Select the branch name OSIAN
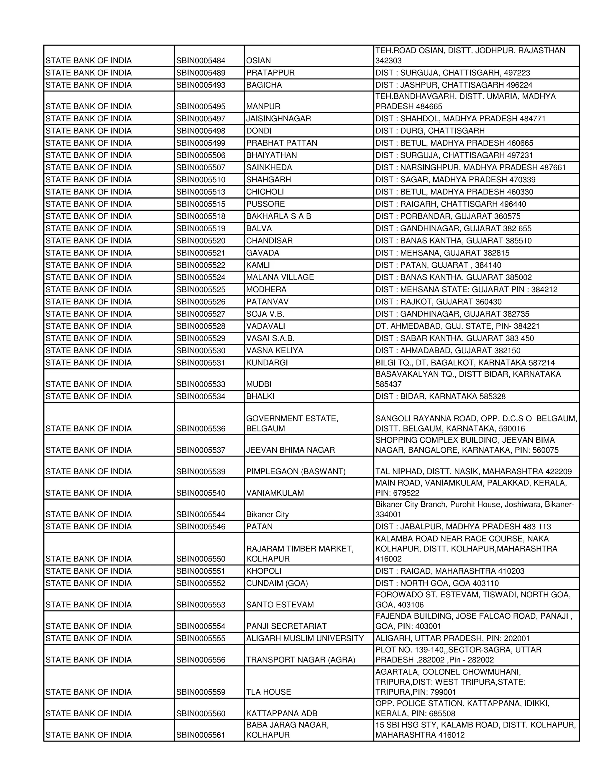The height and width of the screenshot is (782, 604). (258, 60)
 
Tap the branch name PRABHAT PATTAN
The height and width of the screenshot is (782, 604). (282, 143)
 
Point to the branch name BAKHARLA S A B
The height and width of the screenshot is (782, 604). (278, 216)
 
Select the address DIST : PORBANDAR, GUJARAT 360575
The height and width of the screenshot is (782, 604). (448, 216)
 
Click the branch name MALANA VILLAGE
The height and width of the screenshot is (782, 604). (280, 277)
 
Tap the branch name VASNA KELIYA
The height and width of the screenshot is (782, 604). (275, 351)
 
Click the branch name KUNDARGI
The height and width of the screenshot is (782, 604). (267, 363)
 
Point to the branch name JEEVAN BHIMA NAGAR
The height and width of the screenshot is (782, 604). (290, 450)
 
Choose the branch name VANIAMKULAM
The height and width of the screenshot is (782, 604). (275, 493)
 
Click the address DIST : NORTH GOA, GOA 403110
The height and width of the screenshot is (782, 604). (437, 583)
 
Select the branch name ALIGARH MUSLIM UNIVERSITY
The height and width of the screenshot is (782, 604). (304, 638)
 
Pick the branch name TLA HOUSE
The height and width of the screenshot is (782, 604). (268, 692)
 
